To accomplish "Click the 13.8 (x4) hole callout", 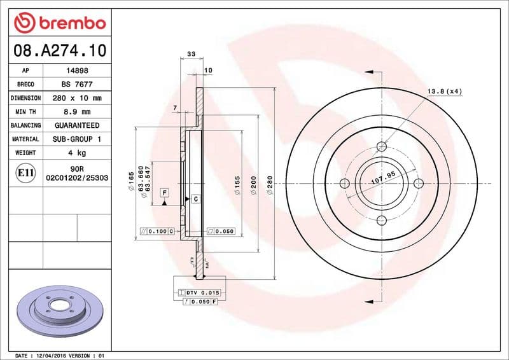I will pyautogui.click(x=444, y=92).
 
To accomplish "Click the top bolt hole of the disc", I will pyautogui.click(x=382, y=148).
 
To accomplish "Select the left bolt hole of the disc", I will pyautogui.click(x=345, y=184).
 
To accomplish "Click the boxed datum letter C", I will pyautogui.click(x=195, y=199).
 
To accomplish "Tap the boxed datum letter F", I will pyautogui.click(x=164, y=191).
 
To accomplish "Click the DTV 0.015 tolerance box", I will pyautogui.click(x=204, y=292).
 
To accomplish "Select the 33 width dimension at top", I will pyautogui.click(x=191, y=55).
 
